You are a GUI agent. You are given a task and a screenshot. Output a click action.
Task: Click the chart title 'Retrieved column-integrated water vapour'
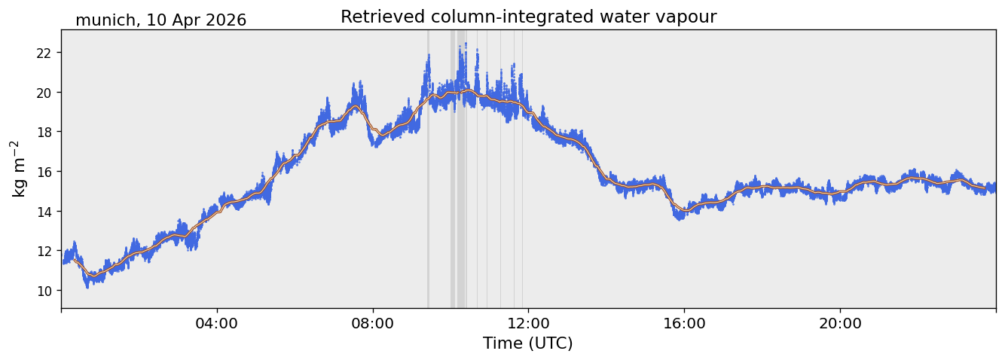(x=529, y=17)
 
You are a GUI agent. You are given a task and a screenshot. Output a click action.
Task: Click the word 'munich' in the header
(x=105, y=20)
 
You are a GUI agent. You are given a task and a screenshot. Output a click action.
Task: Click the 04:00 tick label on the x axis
(x=217, y=323)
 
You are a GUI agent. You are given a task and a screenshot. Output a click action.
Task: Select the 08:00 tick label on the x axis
(x=373, y=323)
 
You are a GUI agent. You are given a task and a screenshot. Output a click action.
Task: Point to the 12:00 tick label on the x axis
(x=529, y=323)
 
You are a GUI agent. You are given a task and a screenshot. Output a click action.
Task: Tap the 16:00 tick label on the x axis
(x=684, y=323)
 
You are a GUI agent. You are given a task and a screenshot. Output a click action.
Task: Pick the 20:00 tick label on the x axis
(x=840, y=323)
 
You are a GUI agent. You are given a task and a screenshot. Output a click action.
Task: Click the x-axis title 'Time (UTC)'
(x=528, y=344)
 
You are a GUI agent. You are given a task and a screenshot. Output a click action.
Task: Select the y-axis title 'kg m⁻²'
(x=18, y=169)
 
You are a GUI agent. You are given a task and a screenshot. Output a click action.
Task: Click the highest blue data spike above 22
(x=466, y=44)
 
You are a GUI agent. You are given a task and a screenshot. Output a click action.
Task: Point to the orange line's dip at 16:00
(x=685, y=210)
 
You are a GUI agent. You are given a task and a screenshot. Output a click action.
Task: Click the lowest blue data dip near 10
(x=87, y=287)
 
